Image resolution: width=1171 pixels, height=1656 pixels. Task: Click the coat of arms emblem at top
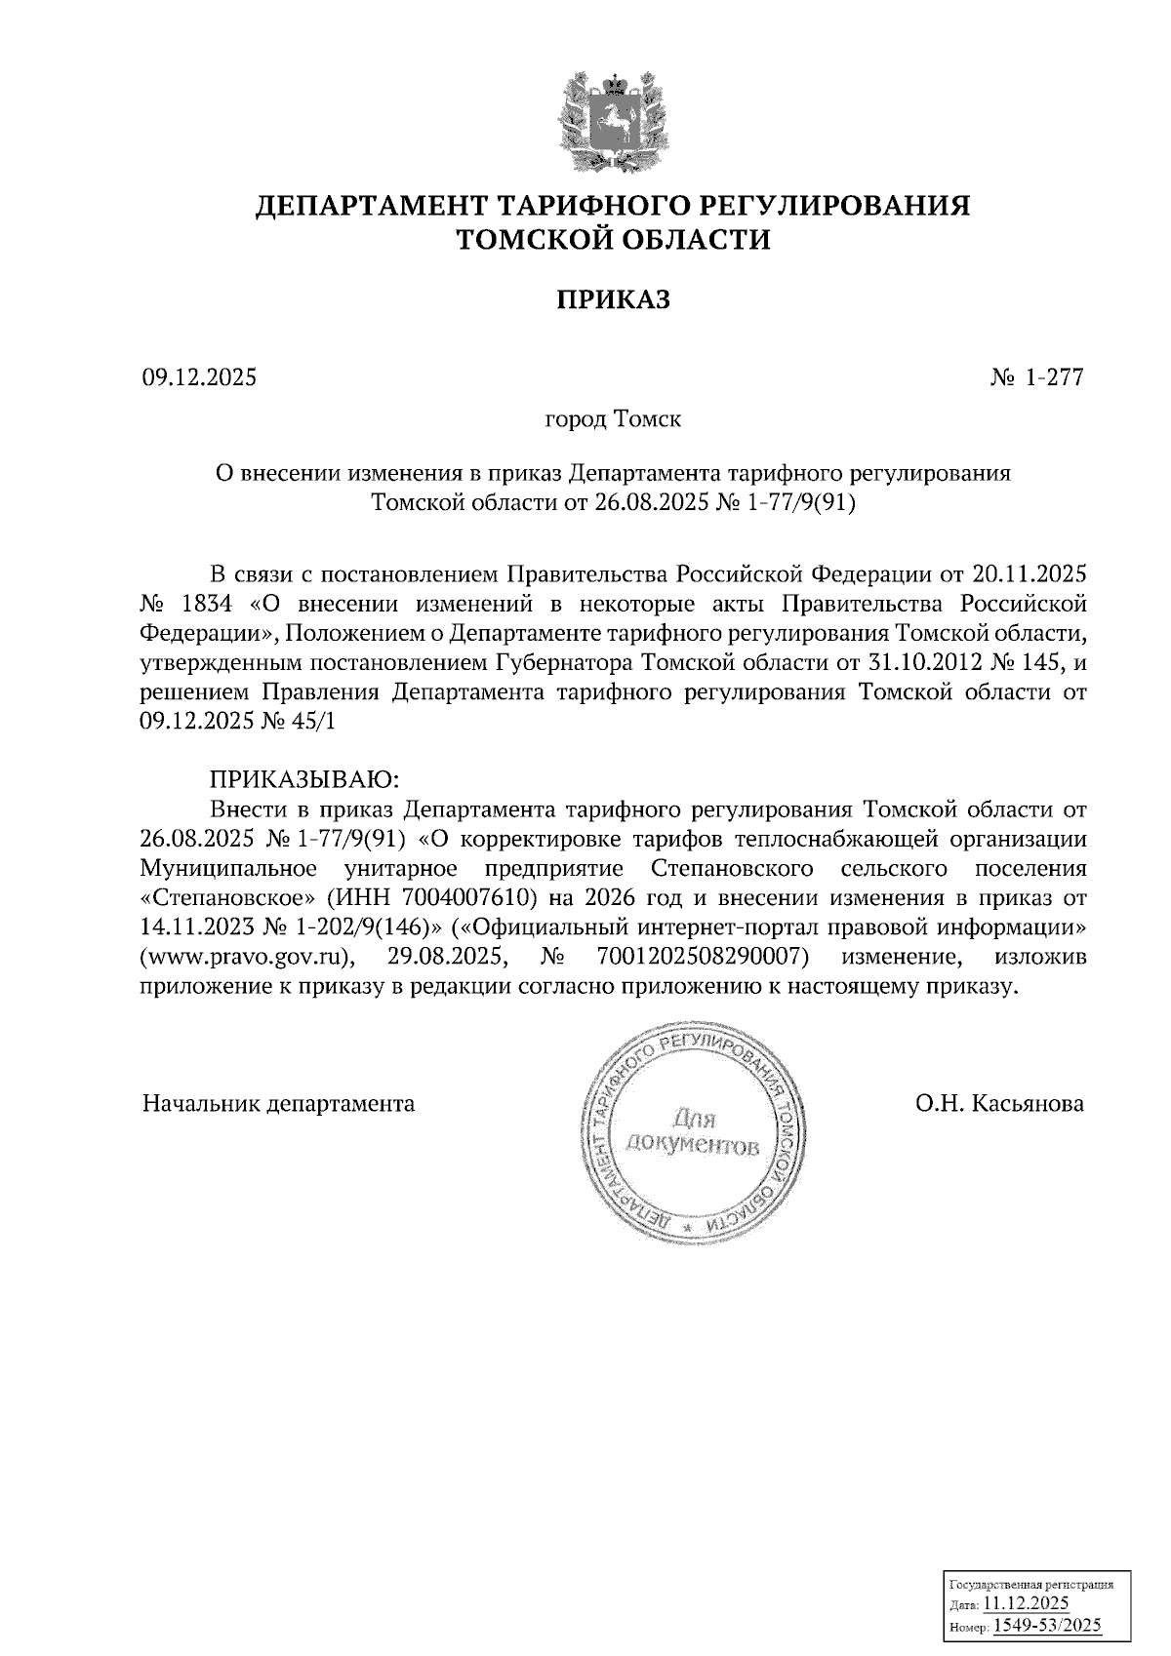coord(613,122)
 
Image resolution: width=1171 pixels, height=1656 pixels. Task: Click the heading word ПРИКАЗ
coord(613,299)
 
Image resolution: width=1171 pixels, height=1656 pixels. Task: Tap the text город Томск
coord(613,420)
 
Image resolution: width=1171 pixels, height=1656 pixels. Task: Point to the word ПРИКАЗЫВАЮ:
coord(305,779)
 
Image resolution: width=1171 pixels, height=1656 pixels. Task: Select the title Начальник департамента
coord(278,1104)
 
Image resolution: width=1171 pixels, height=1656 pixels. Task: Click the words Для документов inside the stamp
coord(692,1130)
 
